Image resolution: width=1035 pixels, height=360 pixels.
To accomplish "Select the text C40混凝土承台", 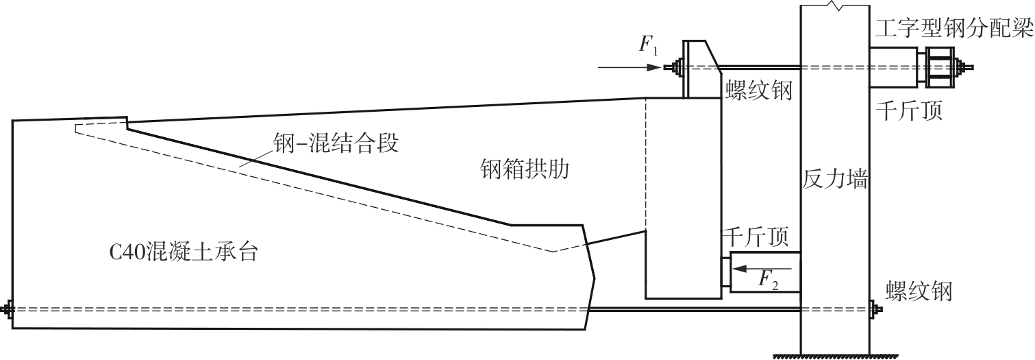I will (x=184, y=252).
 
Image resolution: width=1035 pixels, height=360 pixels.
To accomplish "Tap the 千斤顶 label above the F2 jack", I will (x=757, y=237).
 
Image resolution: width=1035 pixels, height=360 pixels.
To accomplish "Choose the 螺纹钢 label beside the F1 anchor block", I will (x=757, y=90).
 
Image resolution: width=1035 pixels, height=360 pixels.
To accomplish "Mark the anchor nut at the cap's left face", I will (x=8, y=309).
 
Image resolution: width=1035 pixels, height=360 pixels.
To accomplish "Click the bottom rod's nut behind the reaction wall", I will (x=875, y=309).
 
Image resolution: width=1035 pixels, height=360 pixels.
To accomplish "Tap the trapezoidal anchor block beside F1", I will (x=699, y=69).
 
